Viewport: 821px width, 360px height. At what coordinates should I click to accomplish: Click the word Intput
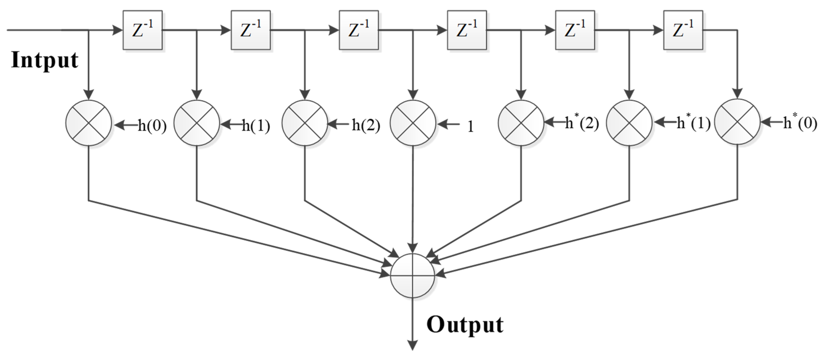[x=45, y=61]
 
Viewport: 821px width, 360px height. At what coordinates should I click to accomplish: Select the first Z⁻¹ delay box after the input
[x=142, y=30]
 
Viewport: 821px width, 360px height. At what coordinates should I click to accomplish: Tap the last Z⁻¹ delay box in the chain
[x=683, y=30]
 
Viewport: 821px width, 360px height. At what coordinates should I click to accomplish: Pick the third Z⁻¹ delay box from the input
[x=359, y=30]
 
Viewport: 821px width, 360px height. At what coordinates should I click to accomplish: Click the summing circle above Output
[x=412, y=275]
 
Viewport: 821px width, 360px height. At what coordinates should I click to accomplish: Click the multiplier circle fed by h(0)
[x=89, y=123]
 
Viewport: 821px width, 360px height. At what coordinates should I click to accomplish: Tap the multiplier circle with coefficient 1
[x=413, y=123]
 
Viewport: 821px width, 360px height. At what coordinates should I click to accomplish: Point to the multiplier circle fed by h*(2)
[x=521, y=123]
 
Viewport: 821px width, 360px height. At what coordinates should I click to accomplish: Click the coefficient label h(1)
[x=256, y=126]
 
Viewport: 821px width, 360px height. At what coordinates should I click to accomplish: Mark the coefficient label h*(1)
[x=694, y=123]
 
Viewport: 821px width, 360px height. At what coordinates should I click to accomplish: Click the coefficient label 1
[x=470, y=127]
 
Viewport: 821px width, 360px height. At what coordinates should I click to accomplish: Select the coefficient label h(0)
[x=152, y=126]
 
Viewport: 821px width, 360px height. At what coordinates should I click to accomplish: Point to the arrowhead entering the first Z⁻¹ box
[x=118, y=30]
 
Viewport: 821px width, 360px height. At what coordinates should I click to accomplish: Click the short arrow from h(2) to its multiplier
[x=338, y=124]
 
